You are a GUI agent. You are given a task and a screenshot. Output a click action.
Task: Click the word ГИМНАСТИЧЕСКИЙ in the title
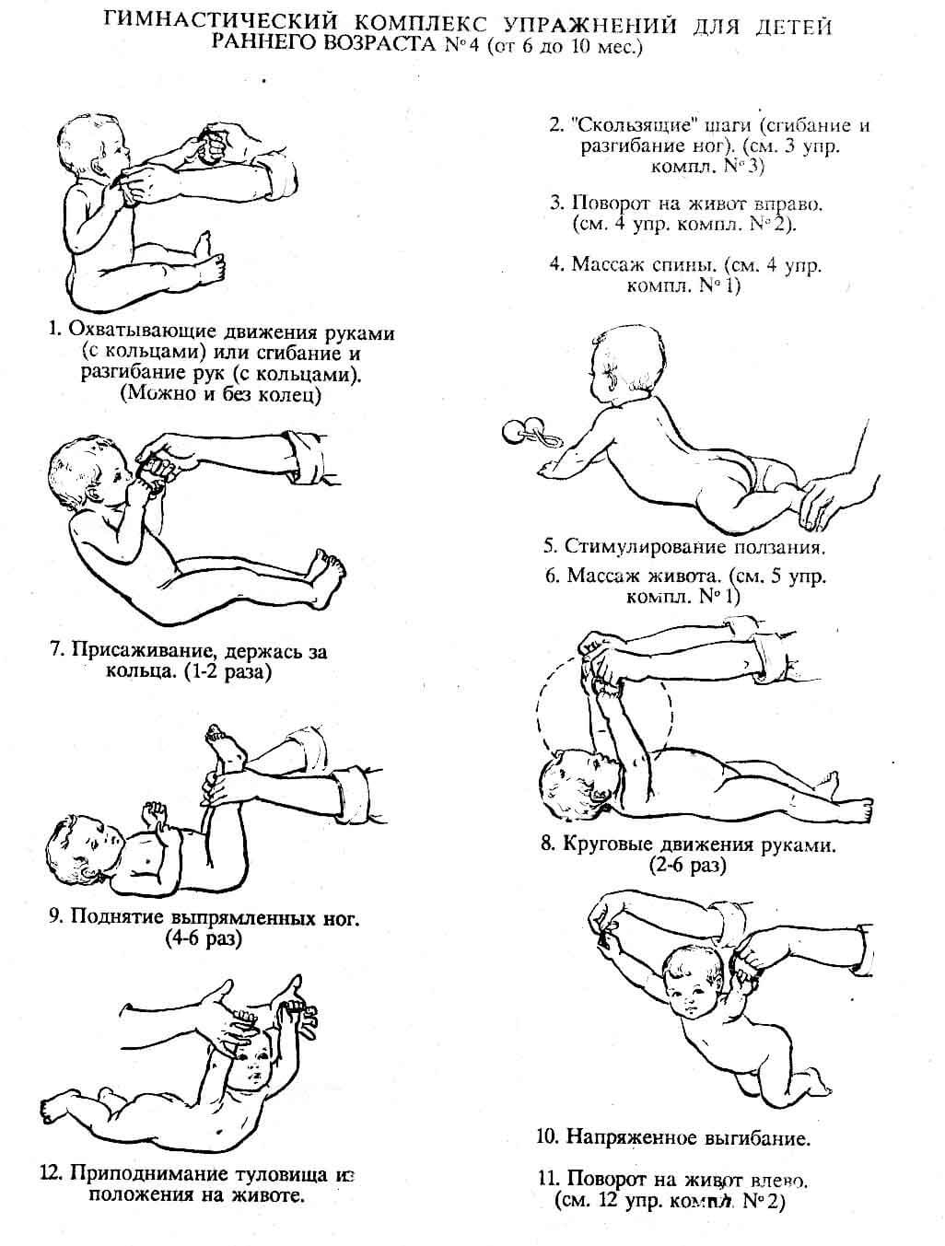[220, 24]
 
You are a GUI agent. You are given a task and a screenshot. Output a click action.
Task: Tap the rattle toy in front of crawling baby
[531, 433]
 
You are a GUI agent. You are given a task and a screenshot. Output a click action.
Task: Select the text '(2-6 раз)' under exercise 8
[688, 866]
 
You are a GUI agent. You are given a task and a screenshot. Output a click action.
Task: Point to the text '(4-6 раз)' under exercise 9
[204, 938]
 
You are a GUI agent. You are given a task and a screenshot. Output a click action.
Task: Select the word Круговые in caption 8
[613, 844]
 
